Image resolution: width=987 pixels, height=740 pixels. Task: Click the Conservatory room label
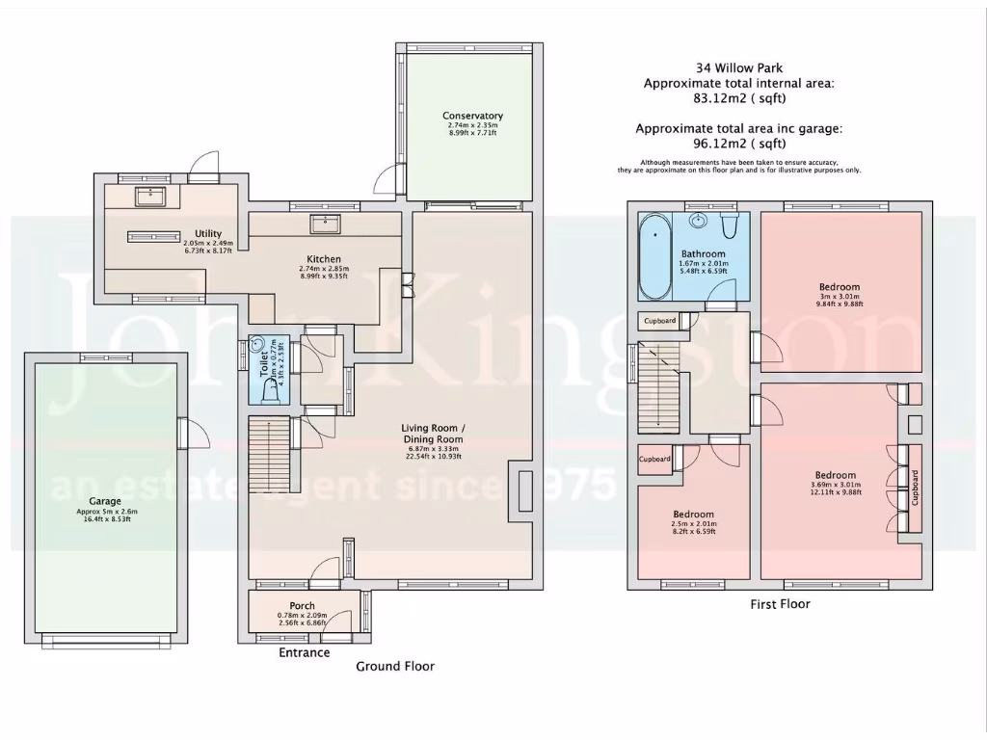(473, 116)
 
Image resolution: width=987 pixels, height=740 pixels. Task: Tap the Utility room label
(208, 233)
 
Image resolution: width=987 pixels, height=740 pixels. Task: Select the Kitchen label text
(324, 259)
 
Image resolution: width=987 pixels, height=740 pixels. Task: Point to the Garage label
(105, 501)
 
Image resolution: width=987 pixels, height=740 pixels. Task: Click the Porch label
(303, 606)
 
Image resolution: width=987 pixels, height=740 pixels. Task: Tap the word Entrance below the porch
(304, 652)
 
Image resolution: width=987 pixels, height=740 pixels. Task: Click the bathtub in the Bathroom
(654, 258)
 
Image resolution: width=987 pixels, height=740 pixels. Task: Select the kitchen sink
(324, 225)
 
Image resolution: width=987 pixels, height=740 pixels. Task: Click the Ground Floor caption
(395, 666)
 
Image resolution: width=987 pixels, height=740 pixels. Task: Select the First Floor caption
(780, 604)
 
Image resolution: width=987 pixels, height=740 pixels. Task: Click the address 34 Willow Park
(739, 67)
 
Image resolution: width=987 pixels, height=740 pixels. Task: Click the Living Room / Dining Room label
(434, 433)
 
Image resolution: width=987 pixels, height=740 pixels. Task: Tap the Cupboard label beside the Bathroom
(660, 320)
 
